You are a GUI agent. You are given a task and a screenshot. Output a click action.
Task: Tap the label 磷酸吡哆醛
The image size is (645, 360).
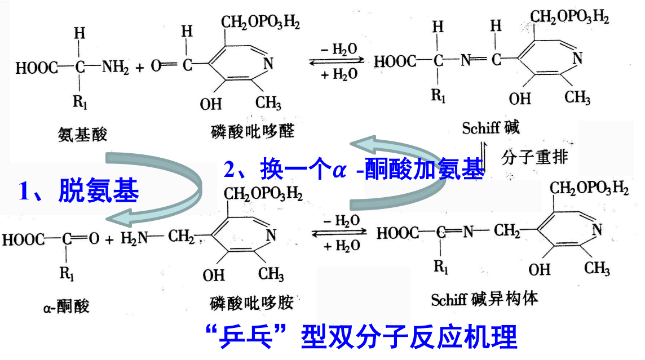(250, 131)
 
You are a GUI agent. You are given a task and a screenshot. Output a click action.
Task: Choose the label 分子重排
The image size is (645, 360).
(533, 157)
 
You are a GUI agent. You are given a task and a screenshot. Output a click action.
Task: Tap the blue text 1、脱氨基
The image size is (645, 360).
(78, 192)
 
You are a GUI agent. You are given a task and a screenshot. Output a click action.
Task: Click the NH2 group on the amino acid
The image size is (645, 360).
(115, 68)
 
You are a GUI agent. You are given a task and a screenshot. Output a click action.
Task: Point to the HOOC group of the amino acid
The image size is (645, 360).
(36, 68)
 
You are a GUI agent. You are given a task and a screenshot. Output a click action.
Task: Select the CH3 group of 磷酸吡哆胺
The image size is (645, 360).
(271, 274)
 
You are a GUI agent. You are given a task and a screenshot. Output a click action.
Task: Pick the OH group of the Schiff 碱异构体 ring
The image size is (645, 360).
(540, 269)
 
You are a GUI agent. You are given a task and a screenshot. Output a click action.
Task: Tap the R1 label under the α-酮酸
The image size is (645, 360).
(67, 274)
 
